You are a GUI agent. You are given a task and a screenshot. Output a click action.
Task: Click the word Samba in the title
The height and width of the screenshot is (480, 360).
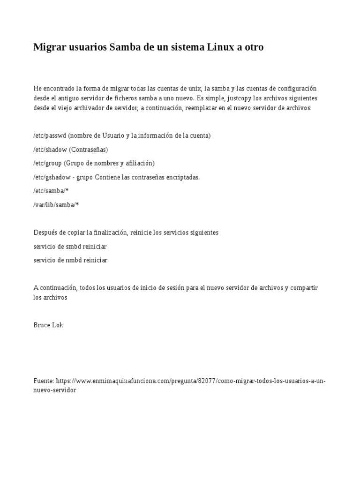[x=124, y=47]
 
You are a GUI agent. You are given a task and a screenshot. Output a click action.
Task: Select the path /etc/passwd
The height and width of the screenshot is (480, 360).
[x=50, y=135]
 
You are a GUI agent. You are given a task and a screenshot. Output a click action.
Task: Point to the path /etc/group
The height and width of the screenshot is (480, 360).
[x=48, y=163]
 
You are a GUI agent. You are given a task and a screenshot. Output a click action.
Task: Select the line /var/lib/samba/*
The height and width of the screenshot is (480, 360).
[x=56, y=205]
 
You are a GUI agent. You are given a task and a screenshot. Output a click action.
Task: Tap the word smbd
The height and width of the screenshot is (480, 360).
[x=74, y=247]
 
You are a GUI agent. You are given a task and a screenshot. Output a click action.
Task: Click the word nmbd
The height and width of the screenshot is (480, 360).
[x=74, y=260]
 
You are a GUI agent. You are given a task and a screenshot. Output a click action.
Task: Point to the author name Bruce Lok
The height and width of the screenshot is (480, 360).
[x=48, y=325]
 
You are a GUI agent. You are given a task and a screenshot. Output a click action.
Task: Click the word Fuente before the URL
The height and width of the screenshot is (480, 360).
[x=43, y=381]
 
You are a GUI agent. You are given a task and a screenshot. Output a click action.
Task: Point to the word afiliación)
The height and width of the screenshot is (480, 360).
[x=137, y=163]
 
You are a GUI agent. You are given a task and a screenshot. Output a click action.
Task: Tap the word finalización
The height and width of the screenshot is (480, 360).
[x=111, y=232]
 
